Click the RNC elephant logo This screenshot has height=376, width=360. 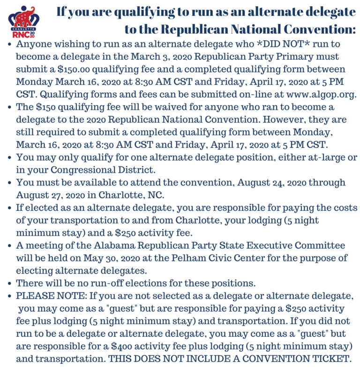[24, 21]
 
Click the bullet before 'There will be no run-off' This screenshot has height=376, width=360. [10, 283]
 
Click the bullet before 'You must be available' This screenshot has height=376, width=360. [10, 182]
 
